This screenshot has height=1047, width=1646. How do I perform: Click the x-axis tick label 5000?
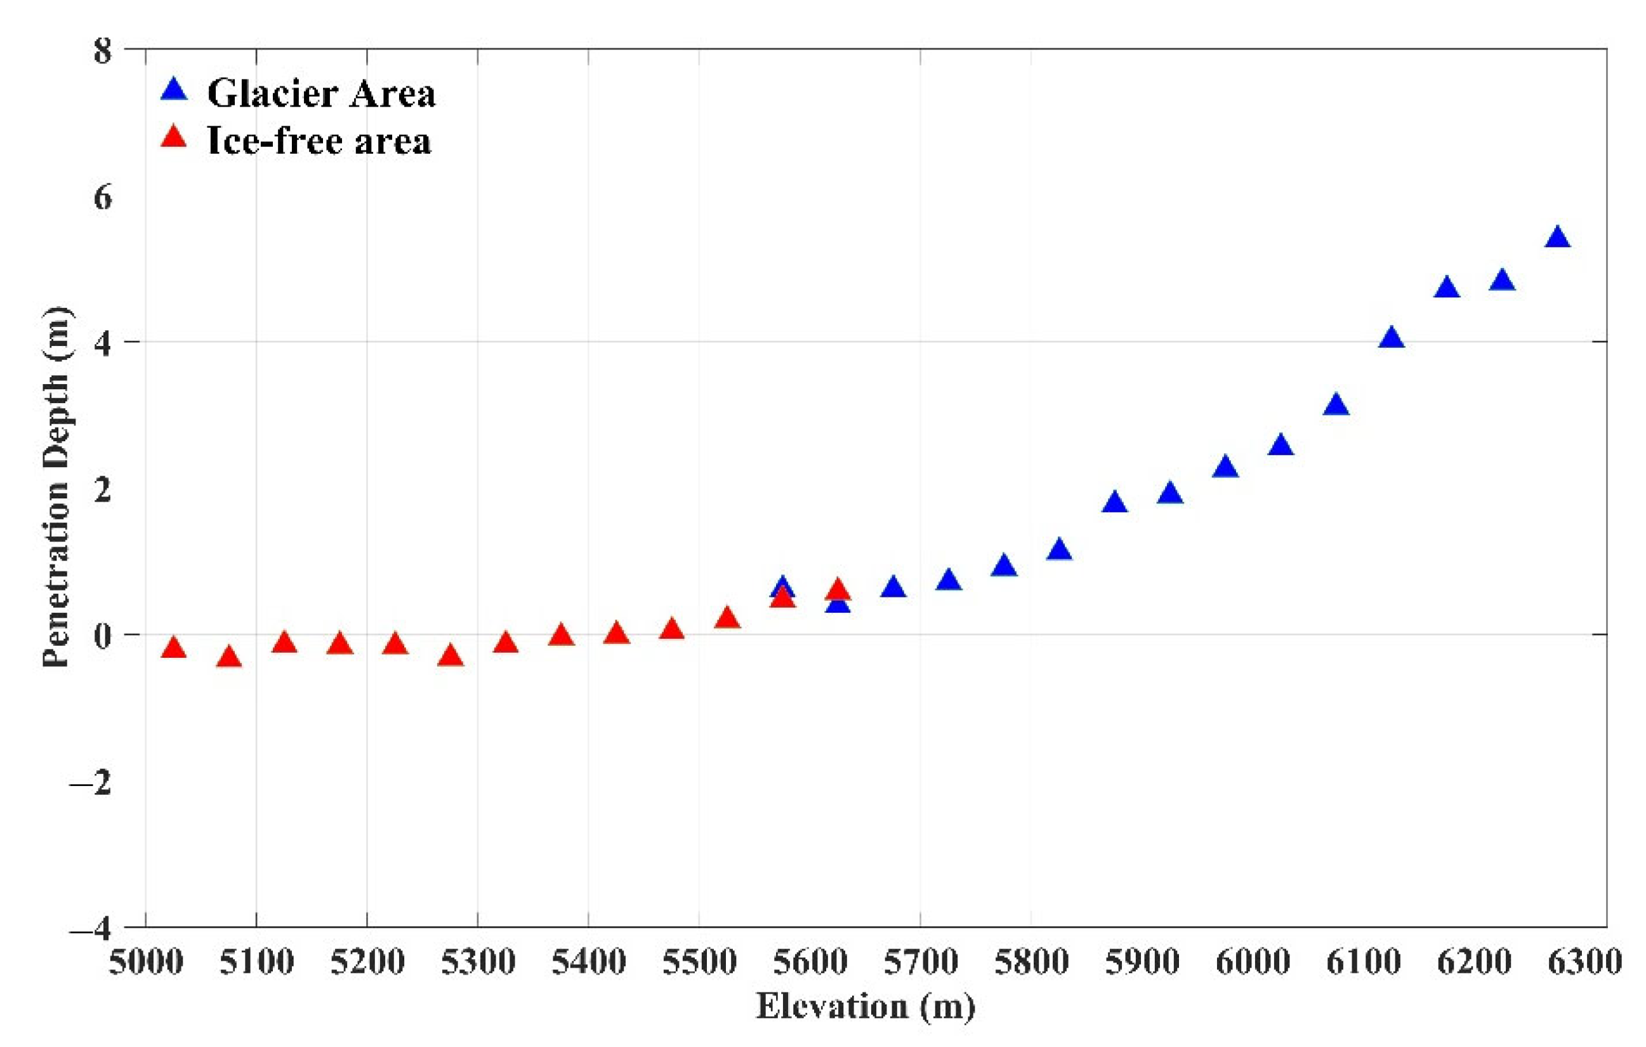tap(145, 962)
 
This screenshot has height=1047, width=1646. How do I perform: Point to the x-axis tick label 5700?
tap(920, 962)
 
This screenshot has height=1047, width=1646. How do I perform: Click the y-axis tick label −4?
tap(91, 928)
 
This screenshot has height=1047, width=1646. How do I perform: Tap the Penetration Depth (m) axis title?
tap(56, 486)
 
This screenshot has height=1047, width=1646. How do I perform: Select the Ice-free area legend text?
tap(319, 141)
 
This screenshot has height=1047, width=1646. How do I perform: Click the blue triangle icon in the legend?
tap(174, 90)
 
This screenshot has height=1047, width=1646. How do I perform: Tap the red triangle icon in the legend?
tap(174, 137)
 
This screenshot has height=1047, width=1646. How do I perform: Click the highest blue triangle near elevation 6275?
tap(1557, 237)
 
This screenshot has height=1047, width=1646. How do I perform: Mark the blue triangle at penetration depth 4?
tap(1391, 338)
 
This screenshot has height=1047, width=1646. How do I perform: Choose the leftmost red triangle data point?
tap(174, 648)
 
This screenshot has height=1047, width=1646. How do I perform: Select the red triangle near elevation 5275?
tap(451, 656)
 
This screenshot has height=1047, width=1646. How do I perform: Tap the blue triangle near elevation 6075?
tap(1336, 405)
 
